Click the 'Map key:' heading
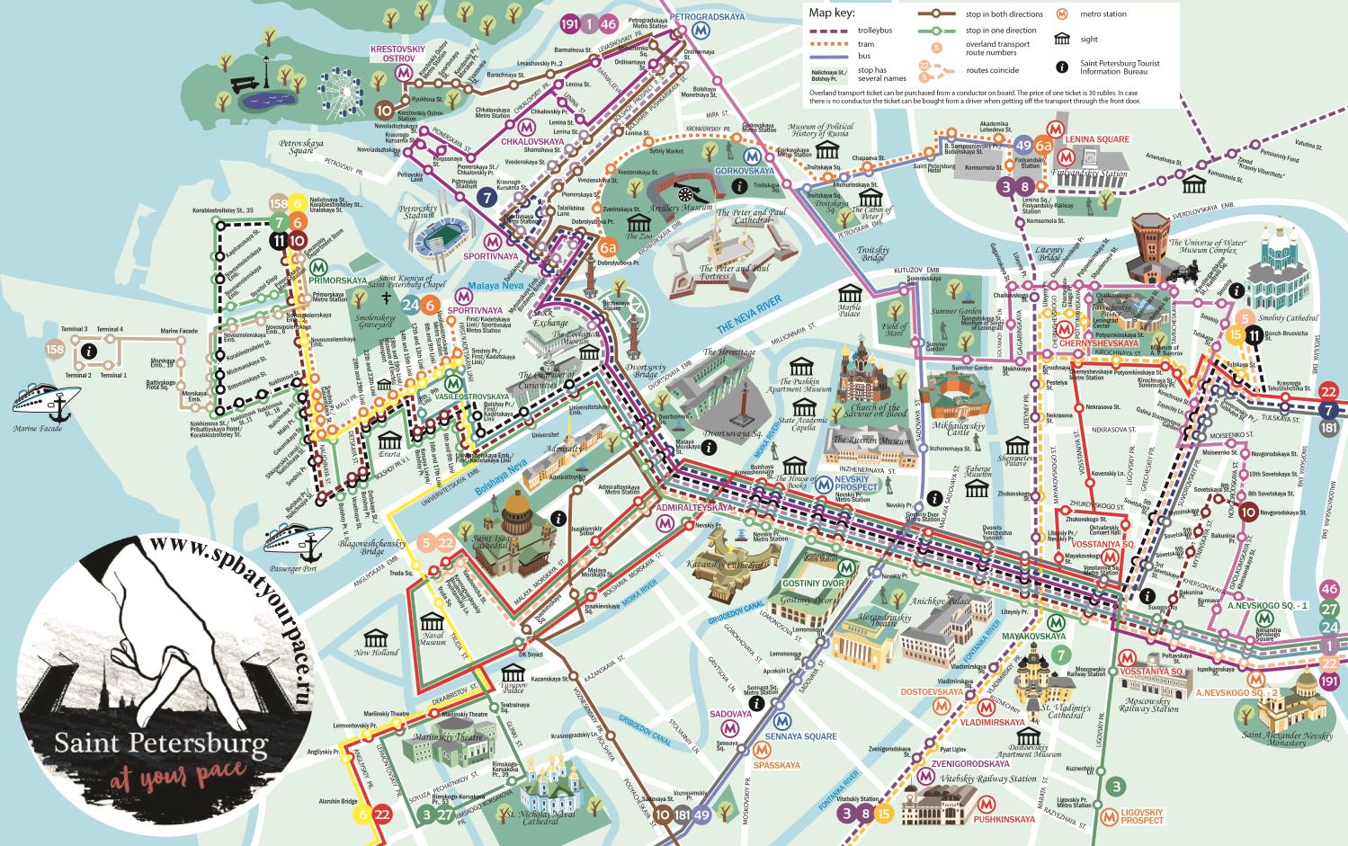[831, 13]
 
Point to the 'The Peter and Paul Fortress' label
[735, 272]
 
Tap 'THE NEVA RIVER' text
[749, 316]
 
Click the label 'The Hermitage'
[729, 352]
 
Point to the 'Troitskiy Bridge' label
[872, 255]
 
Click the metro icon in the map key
[1062, 13]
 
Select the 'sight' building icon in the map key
[1062, 39]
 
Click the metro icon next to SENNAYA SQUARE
[781, 720]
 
